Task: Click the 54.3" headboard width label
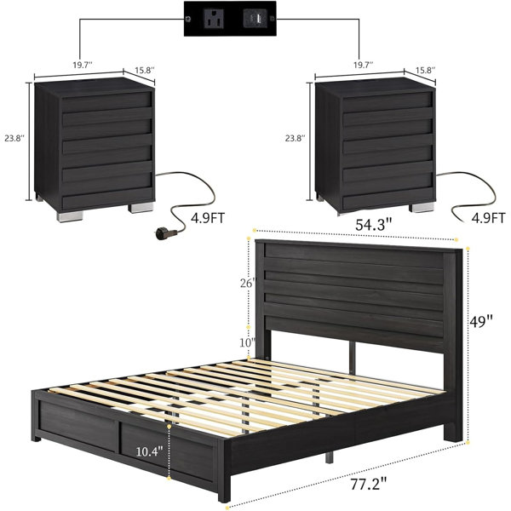(x=373, y=225)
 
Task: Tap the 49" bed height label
(x=480, y=322)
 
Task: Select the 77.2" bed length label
(x=369, y=484)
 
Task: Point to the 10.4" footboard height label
(x=149, y=451)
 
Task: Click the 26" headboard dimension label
(x=247, y=284)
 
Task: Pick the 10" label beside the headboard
(x=247, y=342)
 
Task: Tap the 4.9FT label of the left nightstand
(x=208, y=218)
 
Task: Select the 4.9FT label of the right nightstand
(x=489, y=218)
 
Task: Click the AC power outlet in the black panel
(x=214, y=19)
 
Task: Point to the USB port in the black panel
(x=255, y=19)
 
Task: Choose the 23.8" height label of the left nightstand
(x=14, y=138)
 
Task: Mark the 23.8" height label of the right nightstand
(x=296, y=138)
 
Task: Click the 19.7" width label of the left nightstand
(x=83, y=65)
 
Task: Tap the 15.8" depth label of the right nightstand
(x=425, y=70)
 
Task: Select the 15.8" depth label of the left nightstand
(x=145, y=70)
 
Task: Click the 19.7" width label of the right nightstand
(x=364, y=65)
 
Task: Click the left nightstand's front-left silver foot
(x=70, y=216)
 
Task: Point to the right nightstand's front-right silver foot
(x=422, y=208)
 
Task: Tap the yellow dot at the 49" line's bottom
(x=468, y=443)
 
